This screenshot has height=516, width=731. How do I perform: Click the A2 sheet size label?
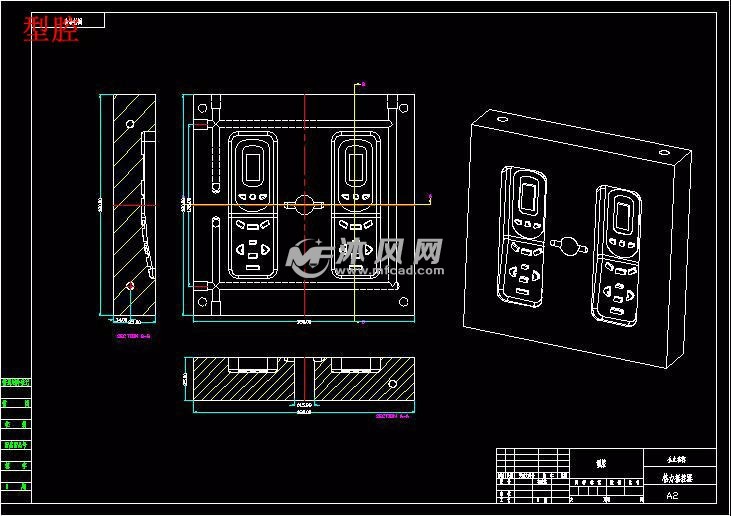(671, 494)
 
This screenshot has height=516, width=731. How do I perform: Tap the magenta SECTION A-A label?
(391, 415)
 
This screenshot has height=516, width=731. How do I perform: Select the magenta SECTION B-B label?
(132, 336)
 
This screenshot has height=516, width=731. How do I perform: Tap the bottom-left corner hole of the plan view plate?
(204, 302)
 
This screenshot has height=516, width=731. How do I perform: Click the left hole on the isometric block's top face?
(501, 118)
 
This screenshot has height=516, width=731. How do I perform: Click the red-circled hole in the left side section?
(132, 286)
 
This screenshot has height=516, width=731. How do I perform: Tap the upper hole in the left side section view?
(131, 124)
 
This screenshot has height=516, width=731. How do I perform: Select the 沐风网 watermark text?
(389, 250)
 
